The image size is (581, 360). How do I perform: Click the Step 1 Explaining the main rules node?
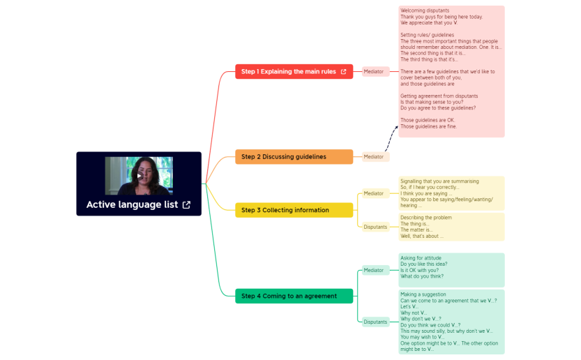[288, 72]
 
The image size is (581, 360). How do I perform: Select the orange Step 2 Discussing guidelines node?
[284, 157]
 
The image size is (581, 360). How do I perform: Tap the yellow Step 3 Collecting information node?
[285, 210]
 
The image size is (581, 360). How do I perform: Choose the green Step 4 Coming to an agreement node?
[289, 296]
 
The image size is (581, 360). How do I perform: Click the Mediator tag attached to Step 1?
[374, 72]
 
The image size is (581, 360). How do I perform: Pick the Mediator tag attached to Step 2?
[374, 157]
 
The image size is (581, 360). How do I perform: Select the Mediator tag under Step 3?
[374, 193]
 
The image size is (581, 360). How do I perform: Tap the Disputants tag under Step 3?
[375, 227]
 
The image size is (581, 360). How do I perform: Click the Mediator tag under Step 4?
[374, 270]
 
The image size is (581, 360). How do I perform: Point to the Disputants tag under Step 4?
[375, 322]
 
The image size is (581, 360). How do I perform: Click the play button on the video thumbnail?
[139, 176]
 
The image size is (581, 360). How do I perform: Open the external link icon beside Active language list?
[186, 205]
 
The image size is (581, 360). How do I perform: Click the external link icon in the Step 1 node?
[343, 72]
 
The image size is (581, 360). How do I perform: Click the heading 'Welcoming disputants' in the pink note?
[424, 10]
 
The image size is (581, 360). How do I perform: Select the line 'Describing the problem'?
[425, 218]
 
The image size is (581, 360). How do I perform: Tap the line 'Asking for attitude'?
[421, 258]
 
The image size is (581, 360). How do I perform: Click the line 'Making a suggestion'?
[423, 294]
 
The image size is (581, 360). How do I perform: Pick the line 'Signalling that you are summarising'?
[439, 181]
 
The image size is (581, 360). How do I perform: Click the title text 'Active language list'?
[132, 205]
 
